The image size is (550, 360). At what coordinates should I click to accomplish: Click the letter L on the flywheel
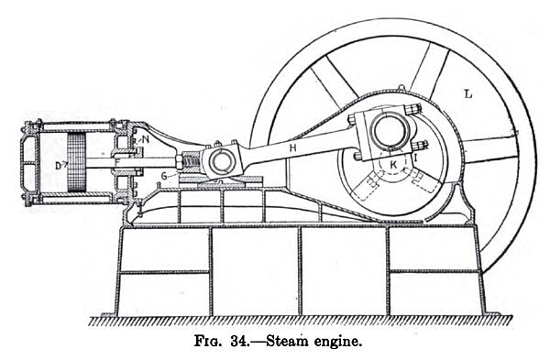tap(467, 92)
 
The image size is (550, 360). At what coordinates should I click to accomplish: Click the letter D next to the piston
tap(58, 165)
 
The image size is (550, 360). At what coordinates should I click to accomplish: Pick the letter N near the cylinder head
tap(146, 139)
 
